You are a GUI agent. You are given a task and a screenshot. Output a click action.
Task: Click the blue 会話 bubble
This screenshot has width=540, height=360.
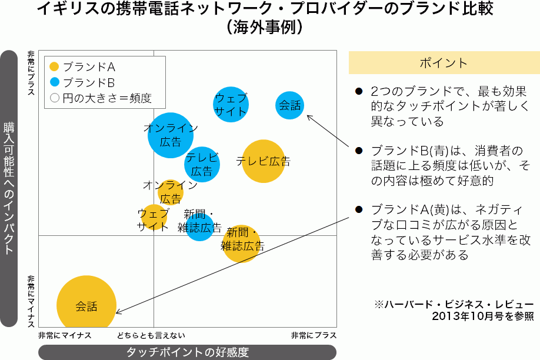click(290, 105)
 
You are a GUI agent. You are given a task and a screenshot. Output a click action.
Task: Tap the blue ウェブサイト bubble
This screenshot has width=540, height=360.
click(231, 105)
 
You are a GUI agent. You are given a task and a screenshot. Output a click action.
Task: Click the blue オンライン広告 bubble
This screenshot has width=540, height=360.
click(171, 135)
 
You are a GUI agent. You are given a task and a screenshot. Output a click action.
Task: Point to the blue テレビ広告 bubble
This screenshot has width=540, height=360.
click(202, 164)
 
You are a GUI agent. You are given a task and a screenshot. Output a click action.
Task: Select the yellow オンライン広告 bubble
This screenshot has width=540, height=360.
click(171, 192)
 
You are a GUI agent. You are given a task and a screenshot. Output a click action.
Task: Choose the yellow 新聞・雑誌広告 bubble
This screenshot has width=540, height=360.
click(241, 243)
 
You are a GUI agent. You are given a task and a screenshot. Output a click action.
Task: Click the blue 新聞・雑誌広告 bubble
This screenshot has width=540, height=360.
click(199, 227)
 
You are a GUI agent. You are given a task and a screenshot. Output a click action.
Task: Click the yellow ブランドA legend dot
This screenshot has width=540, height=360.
click(55, 67)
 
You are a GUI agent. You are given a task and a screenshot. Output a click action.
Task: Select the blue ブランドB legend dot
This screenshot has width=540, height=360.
click(55, 82)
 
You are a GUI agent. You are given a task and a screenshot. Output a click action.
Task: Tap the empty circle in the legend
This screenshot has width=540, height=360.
click(55, 98)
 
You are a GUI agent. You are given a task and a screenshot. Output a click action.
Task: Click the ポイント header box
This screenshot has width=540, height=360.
click(444, 63)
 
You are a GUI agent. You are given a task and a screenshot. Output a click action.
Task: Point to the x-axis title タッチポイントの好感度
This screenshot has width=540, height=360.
click(188, 352)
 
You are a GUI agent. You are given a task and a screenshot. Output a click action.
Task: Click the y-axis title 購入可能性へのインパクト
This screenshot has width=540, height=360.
click(9, 188)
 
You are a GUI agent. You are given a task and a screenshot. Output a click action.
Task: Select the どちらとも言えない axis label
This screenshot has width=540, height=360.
click(151, 335)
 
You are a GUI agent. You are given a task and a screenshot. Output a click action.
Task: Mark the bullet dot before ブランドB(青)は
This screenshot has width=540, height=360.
click(358, 151)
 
